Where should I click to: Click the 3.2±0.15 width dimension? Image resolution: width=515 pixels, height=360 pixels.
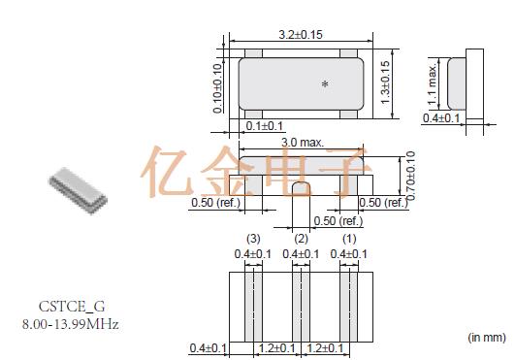pos(301,35)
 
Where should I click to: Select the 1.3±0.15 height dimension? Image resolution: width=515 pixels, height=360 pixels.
pos(385,82)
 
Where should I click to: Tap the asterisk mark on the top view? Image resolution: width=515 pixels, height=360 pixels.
pos(325,84)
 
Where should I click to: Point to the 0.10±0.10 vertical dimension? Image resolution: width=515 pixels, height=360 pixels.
pos(217,88)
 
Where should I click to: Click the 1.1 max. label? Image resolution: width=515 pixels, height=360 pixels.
pos(433,84)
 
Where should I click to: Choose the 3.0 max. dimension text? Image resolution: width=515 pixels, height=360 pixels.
pos(303,143)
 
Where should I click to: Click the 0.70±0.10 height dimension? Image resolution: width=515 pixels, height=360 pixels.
pos(410,176)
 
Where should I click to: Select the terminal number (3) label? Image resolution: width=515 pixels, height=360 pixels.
pos(253,239)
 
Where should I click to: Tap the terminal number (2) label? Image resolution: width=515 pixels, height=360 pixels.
pos(302,239)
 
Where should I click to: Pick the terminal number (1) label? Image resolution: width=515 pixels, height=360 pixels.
pos(349,239)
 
